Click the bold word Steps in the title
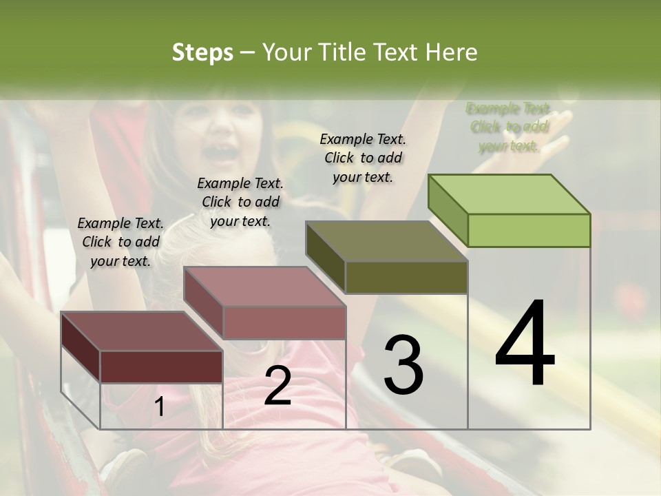(x=202, y=52)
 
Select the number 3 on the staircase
(x=403, y=365)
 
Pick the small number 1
(x=160, y=406)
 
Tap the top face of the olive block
(x=386, y=241)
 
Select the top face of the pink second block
(x=264, y=287)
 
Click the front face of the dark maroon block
(x=161, y=366)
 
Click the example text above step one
(x=120, y=242)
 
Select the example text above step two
(x=240, y=202)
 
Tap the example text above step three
(x=363, y=158)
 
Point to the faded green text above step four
(x=509, y=127)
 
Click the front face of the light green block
(x=529, y=230)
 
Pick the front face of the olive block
(x=406, y=278)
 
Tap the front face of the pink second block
(x=284, y=322)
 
